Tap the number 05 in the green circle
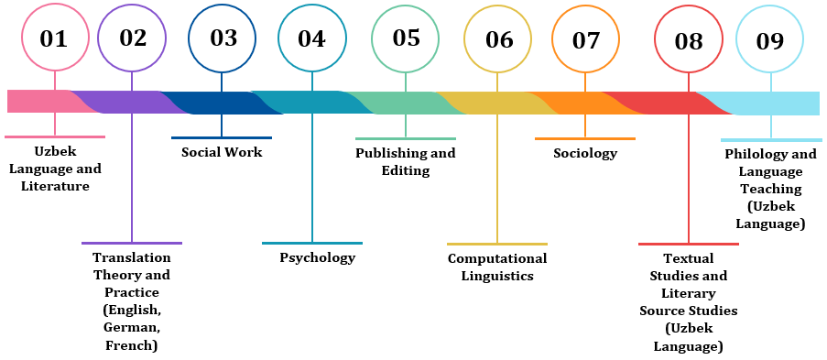click(406, 38)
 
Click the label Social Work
click(222, 153)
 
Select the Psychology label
click(318, 258)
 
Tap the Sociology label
click(585, 154)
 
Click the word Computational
click(497, 258)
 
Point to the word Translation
click(132, 257)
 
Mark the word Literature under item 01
click(55, 186)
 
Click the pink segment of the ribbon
click(45, 102)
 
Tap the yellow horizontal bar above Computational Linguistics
click(497, 245)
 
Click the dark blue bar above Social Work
click(222, 137)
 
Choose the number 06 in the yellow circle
click(498, 40)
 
